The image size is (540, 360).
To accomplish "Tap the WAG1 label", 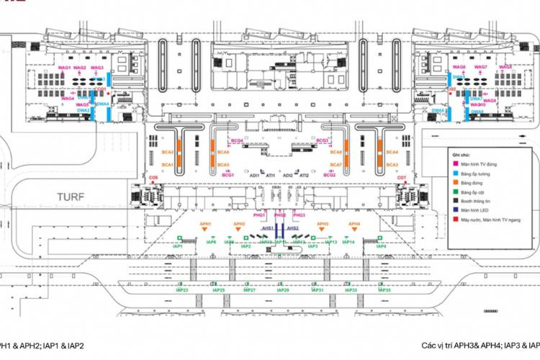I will (x=64, y=68).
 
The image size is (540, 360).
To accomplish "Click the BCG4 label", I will (x=236, y=140).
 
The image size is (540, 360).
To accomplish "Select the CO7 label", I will (x=402, y=177).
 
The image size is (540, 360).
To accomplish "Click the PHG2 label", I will (x=280, y=215).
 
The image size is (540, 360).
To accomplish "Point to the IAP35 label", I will (x=384, y=290).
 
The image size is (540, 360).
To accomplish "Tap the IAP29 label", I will (x=283, y=290).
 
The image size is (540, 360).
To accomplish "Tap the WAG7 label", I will (x=481, y=67).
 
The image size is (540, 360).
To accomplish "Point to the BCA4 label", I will (x=392, y=153).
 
